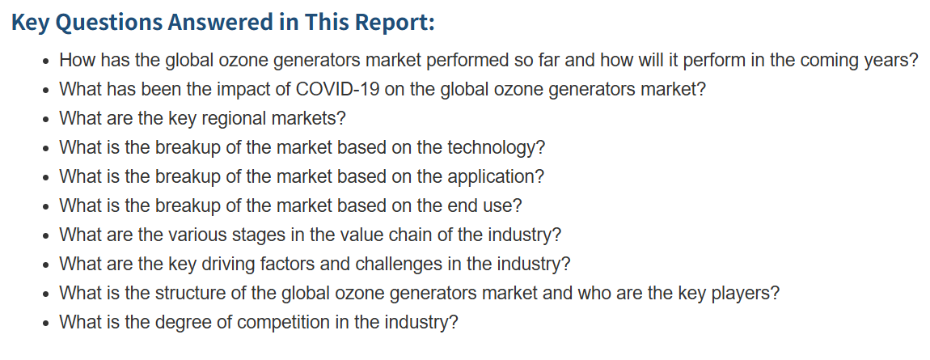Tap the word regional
tap(234, 119)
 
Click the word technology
tap(495, 148)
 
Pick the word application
tap(495, 176)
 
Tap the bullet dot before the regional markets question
tap(47, 119)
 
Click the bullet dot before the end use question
tap(47, 206)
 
